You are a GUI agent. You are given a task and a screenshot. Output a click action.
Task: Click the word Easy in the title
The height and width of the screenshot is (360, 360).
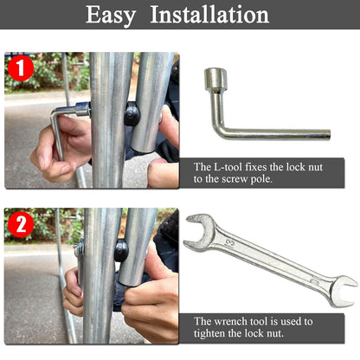(x=111, y=16)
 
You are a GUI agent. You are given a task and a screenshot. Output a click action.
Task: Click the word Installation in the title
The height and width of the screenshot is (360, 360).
(x=209, y=15)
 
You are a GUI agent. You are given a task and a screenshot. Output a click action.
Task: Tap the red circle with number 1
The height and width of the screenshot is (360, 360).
(x=21, y=68)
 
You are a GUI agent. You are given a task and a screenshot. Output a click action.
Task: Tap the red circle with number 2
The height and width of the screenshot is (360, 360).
(x=21, y=224)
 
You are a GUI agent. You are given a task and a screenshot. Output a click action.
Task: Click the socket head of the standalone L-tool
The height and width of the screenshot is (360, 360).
(x=215, y=78)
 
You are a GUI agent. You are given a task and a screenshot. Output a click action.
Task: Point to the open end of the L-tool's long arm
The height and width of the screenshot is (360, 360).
(x=328, y=134)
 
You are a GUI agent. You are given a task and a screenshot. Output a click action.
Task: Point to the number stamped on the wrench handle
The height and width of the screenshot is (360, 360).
(x=231, y=244)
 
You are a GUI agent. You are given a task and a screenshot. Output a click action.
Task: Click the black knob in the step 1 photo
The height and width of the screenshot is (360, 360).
(x=132, y=114)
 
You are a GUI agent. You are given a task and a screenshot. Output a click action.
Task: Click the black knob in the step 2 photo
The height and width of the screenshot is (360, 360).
(x=121, y=251)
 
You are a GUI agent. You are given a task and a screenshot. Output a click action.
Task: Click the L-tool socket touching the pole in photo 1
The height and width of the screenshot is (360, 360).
(x=83, y=109)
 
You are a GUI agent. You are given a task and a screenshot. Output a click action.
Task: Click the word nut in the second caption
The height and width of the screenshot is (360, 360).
(x=275, y=334)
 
